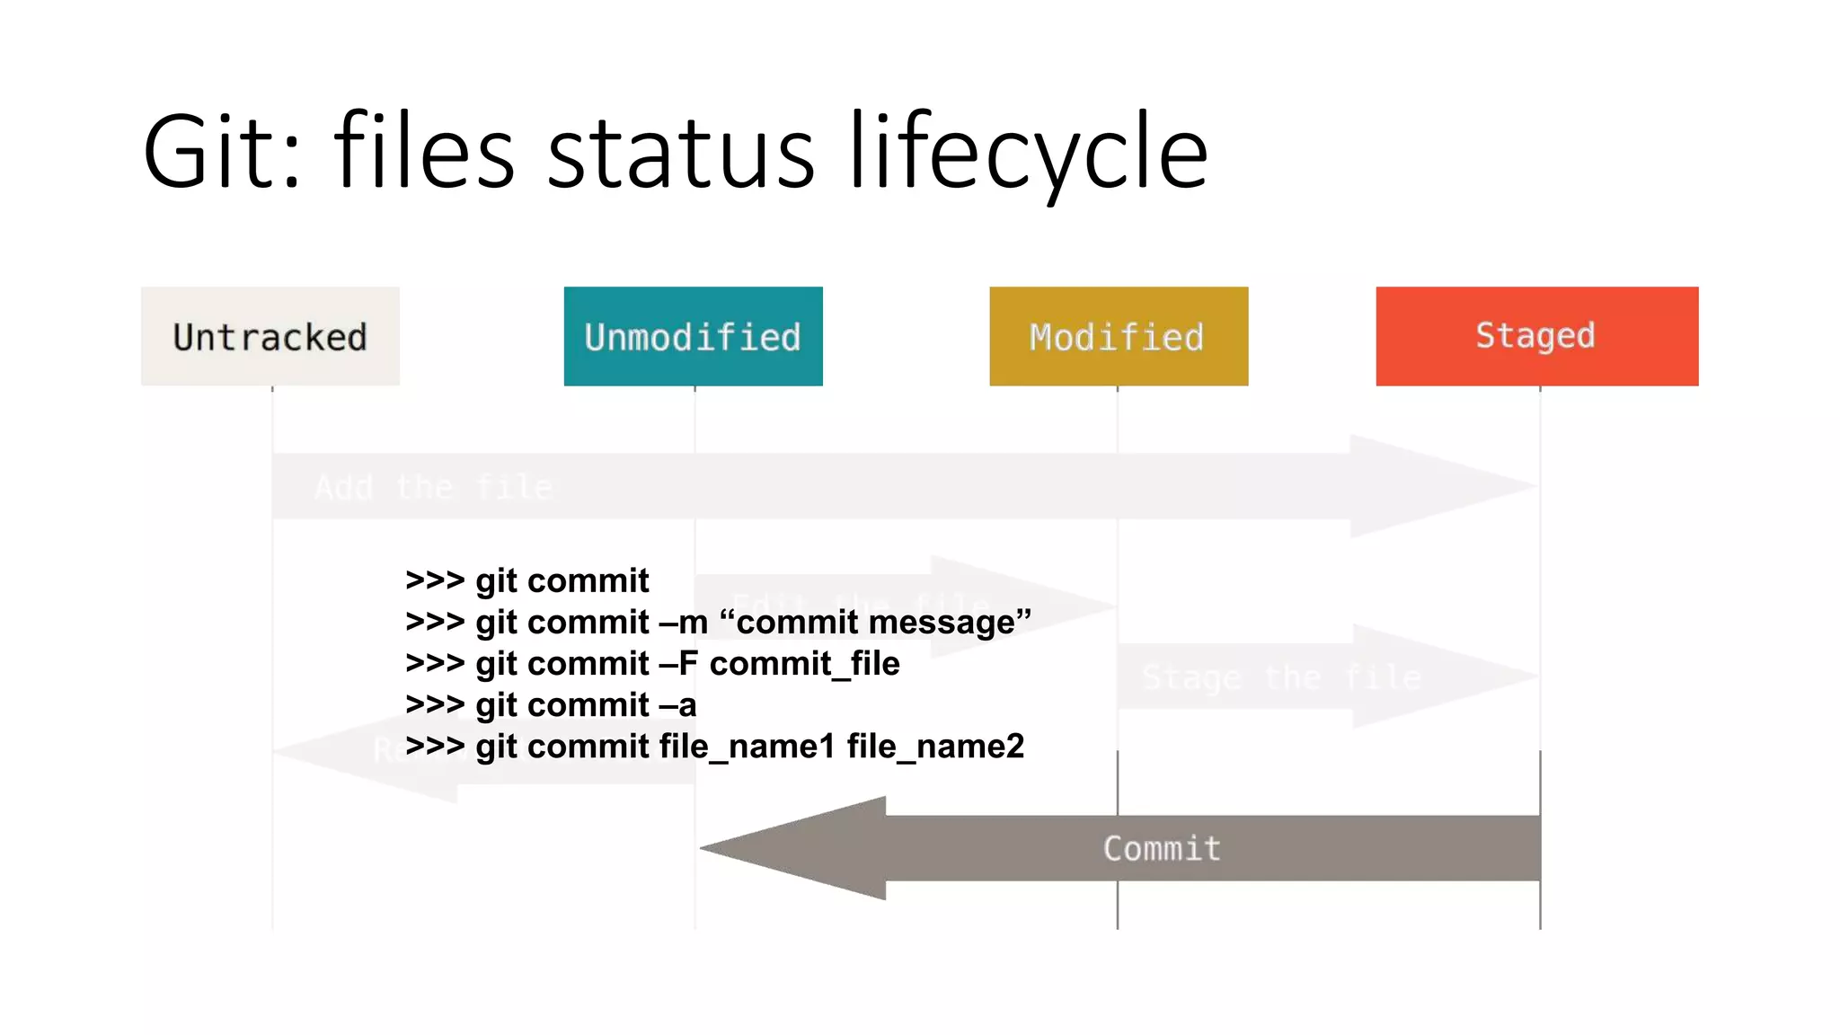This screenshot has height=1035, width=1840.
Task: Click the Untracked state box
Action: coord(270,336)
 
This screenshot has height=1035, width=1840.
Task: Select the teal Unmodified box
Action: coord(693,336)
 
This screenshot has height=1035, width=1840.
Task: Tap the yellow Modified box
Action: coord(1118,336)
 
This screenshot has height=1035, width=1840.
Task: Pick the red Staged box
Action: coord(1536,336)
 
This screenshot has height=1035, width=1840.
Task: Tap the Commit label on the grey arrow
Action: coord(1162,848)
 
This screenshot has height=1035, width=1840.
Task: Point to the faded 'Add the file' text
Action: coord(433,487)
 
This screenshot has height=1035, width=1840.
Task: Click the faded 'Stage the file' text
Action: coord(1281,677)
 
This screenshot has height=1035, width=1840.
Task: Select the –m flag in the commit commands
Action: coord(683,622)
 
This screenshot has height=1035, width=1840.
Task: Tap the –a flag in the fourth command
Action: coord(677,704)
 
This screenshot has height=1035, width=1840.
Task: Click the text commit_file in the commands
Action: coord(804,663)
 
